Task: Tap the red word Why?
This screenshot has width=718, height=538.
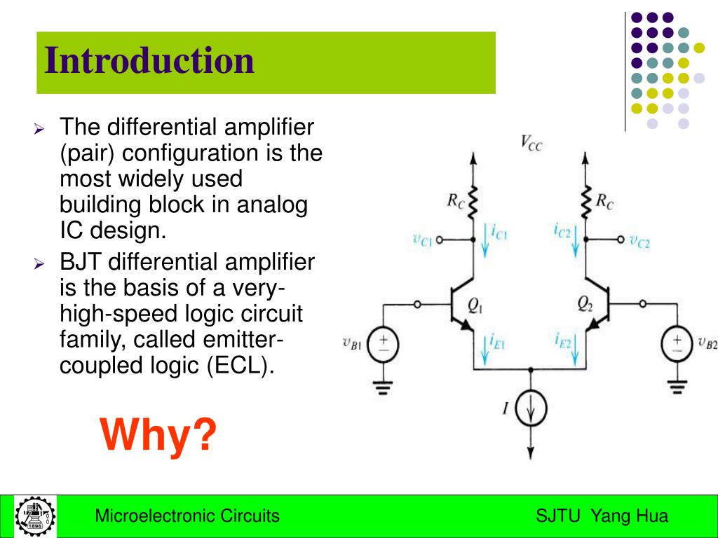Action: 158,435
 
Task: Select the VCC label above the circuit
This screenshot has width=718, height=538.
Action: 531,143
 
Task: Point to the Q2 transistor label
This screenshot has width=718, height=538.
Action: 585,303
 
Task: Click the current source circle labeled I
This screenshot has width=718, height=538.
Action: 531,409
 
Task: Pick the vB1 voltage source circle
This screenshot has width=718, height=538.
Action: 384,344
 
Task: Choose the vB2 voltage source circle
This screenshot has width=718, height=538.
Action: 677,344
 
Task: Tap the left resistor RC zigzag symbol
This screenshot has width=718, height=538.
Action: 473,202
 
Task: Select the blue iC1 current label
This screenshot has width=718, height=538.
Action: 499,230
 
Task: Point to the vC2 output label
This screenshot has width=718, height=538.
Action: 639,242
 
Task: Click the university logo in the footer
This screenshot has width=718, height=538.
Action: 35,517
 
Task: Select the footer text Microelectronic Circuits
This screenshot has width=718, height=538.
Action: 187,517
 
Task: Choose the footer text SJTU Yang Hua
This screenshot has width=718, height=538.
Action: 602,517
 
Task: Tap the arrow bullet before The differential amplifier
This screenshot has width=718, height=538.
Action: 39,130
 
